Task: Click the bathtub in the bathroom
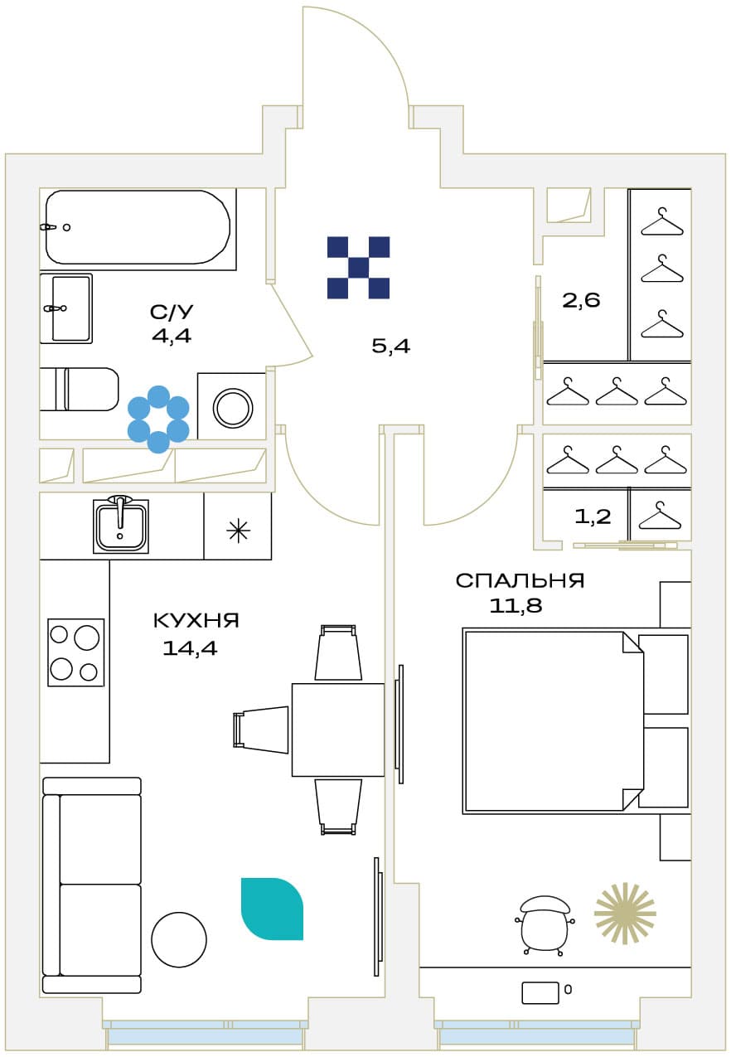138,227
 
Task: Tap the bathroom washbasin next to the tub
66,308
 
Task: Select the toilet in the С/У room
79,390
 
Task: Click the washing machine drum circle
233,407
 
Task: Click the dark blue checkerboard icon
358,268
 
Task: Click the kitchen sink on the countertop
121,526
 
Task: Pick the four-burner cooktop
76,652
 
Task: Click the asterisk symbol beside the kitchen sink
238,531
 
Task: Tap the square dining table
338,730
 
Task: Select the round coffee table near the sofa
179,939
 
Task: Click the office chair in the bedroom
545,925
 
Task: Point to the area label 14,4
190,648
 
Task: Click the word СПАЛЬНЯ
520,580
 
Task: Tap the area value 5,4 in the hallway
391,347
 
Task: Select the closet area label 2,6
581,300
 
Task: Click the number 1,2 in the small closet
593,516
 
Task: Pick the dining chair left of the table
261,730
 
